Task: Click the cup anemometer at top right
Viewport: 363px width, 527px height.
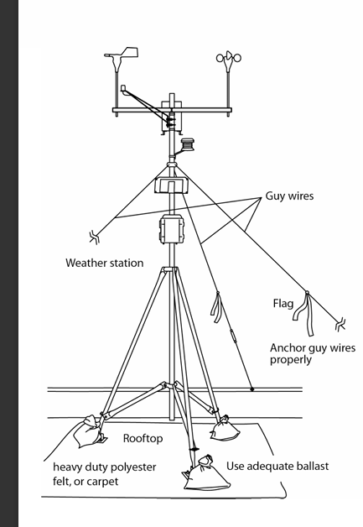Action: click(228, 60)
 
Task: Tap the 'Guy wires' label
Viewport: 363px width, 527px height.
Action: click(289, 196)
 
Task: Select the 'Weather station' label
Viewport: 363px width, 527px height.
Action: click(105, 263)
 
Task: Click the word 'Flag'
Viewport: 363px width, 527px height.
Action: click(283, 304)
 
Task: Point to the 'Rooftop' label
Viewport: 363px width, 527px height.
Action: click(143, 438)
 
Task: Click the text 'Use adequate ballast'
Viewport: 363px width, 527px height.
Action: click(277, 467)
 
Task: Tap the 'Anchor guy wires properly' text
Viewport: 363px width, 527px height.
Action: click(313, 353)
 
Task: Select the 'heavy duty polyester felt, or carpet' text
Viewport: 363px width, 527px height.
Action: click(105, 474)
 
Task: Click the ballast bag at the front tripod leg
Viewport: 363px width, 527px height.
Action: click(206, 474)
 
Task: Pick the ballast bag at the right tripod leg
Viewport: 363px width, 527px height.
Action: click(225, 428)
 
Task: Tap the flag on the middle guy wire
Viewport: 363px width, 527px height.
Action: click(216, 306)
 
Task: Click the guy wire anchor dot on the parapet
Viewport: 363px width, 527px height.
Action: click(252, 389)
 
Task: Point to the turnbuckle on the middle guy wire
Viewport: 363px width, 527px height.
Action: click(233, 337)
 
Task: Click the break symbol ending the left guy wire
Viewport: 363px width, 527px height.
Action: click(95, 237)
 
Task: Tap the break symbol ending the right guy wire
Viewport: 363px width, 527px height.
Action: click(340, 324)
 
